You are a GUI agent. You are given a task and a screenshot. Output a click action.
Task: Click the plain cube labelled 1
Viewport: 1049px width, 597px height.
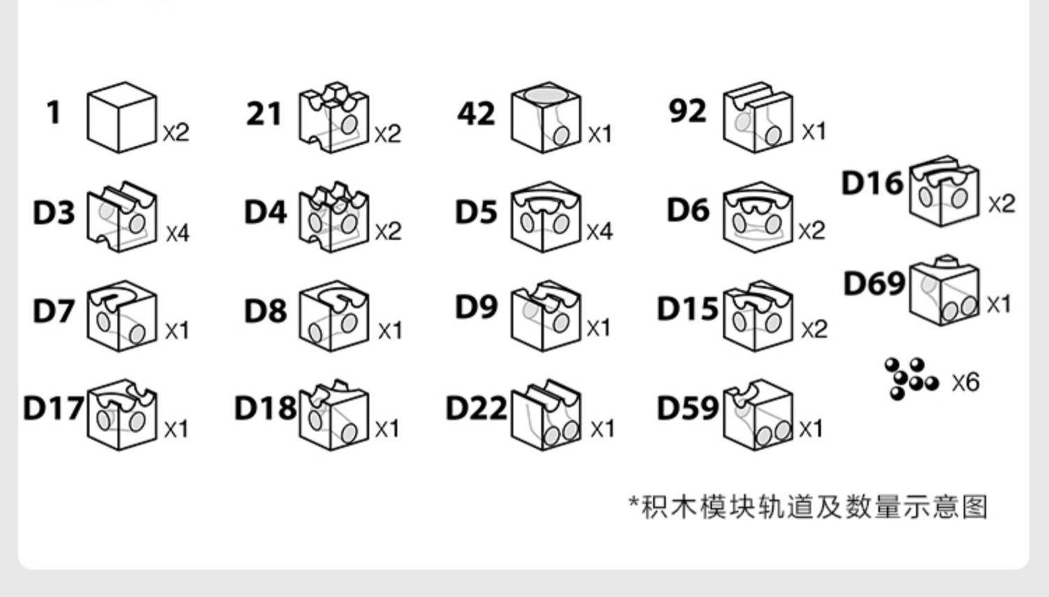point(121,117)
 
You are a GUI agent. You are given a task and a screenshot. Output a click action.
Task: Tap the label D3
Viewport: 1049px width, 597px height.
point(54,213)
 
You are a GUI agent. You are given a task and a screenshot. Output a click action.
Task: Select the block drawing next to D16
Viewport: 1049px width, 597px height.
point(943,191)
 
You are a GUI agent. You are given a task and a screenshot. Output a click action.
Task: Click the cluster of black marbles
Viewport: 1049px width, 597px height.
point(910,379)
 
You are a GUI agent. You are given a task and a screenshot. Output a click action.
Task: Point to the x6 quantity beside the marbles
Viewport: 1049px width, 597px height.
point(965,382)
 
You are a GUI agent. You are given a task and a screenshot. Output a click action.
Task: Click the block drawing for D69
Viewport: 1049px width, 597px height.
point(943,289)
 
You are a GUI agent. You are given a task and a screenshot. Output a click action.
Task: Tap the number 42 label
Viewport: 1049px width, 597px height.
point(476,113)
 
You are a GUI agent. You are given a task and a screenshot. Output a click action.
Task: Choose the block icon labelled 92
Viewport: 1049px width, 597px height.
point(757,117)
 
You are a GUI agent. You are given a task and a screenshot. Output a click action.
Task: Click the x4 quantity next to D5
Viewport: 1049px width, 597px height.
point(599,231)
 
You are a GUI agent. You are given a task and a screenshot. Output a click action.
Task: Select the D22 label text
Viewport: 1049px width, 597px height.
point(476,407)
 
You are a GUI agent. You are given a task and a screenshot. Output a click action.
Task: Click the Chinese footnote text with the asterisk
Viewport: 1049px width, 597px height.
point(808,506)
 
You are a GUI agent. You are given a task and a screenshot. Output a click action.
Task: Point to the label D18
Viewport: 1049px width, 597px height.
point(265,408)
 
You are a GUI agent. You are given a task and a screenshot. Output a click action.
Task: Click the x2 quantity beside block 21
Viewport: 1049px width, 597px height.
point(387,134)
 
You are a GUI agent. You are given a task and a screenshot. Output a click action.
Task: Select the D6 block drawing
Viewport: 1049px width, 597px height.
point(757,217)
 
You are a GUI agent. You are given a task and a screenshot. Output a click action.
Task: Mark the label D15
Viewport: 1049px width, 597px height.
point(687,308)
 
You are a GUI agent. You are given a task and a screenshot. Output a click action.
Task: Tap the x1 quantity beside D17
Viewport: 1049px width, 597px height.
point(176,429)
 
